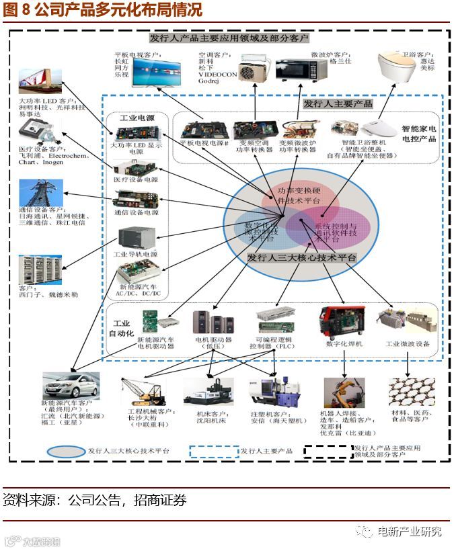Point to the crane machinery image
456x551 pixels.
[x=143, y=390]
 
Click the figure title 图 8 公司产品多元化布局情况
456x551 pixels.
[x=102, y=10]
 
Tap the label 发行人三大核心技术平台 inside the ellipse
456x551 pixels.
[x=301, y=258]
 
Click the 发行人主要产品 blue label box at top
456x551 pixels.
[x=337, y=104]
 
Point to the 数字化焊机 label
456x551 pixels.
[x=344, y=344]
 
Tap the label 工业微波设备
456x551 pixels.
[x=407, y=344]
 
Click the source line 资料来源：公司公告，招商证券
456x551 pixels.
[x=95, y=501]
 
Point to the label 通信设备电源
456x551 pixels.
[x=136, y=212]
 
